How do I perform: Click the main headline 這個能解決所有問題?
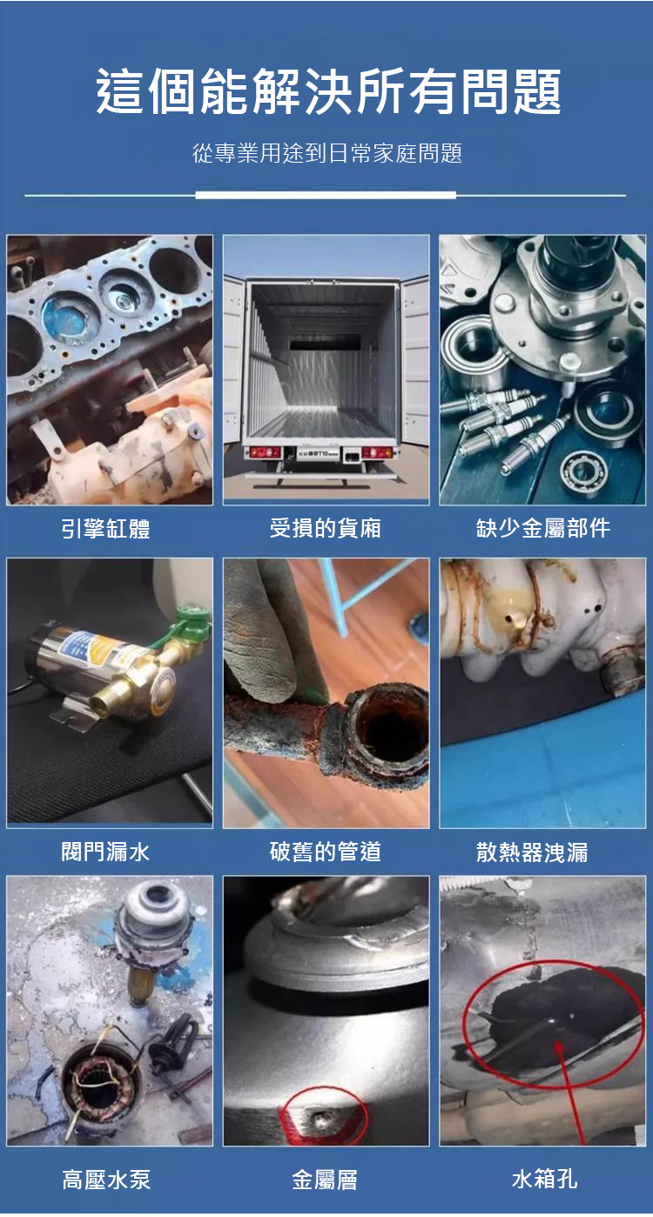click(x=328, y=90)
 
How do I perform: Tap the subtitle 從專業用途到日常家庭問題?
click(x=326, y=153)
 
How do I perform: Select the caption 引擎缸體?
click(x=105, y=528)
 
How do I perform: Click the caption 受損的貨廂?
click(x=325, y=527)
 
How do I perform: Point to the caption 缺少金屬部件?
click(x=542, y=527)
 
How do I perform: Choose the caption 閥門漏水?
click(x=105, y=852)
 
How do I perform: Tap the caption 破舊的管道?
click(x=325, y=852)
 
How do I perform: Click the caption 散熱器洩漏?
click(x=532, y=852)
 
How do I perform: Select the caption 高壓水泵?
click(x=106, y=1180)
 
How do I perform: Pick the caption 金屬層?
click(x=325, y=1180)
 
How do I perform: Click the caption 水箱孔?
click(x=543, y=1179)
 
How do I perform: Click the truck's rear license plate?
click(x=320, y=452)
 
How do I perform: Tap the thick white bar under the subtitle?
click(x=326, y=195)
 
